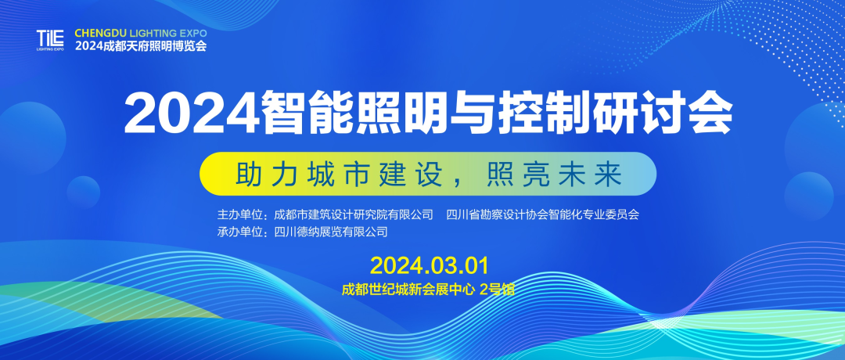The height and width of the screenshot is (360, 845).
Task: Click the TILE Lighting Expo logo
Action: click(x=50, y=40)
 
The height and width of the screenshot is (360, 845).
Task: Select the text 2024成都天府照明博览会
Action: click(x=141, y=46)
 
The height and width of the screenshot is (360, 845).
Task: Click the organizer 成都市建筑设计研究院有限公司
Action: click(x=354, y=214)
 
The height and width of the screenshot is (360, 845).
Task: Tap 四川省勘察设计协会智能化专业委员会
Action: click(x=543, y=214)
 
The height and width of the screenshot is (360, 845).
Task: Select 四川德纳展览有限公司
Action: click(x=331, y=232)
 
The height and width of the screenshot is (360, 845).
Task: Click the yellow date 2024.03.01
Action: click(x=430, y=265)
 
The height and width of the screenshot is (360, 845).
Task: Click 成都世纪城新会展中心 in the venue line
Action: click(x=408, y=290)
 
